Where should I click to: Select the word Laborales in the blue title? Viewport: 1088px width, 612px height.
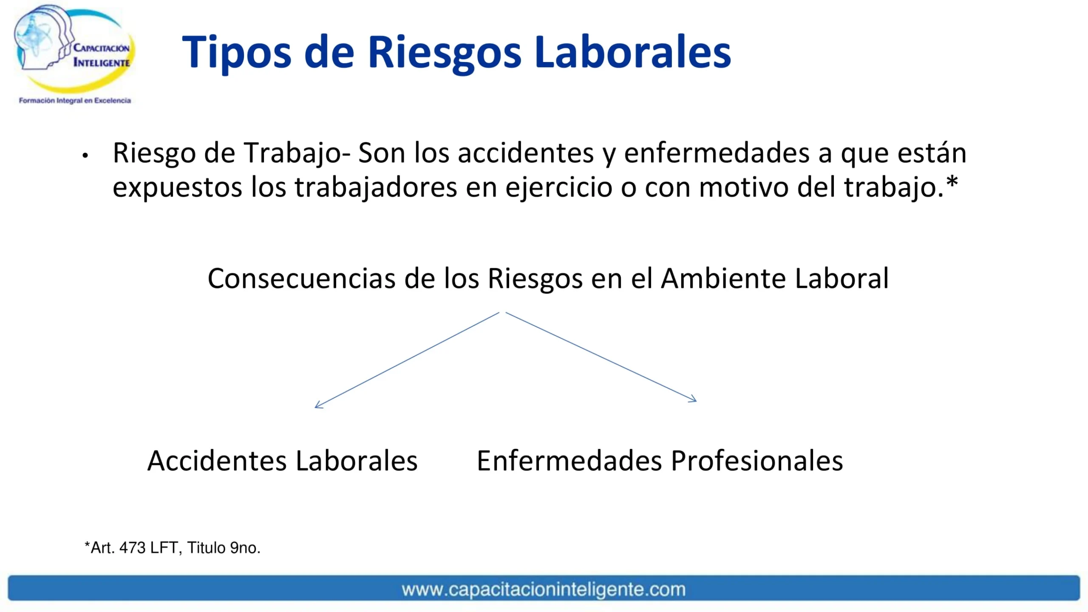(x=632, y=52)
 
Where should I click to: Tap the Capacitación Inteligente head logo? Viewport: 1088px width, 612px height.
(x=74, y=48)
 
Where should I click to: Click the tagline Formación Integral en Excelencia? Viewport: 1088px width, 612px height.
(x=75, y=101)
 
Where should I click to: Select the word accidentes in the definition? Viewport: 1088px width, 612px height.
(x=526, y=153)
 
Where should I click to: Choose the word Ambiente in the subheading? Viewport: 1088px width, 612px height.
(x=723, y=279)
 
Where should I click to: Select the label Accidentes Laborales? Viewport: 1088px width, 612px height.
(x=282, y=461)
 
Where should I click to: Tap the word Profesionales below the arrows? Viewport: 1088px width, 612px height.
(x=757, y=461)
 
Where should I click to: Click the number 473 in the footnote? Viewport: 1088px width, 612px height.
(x=133, y=548)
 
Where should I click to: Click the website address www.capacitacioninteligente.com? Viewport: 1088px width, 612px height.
(x=544, y=589)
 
